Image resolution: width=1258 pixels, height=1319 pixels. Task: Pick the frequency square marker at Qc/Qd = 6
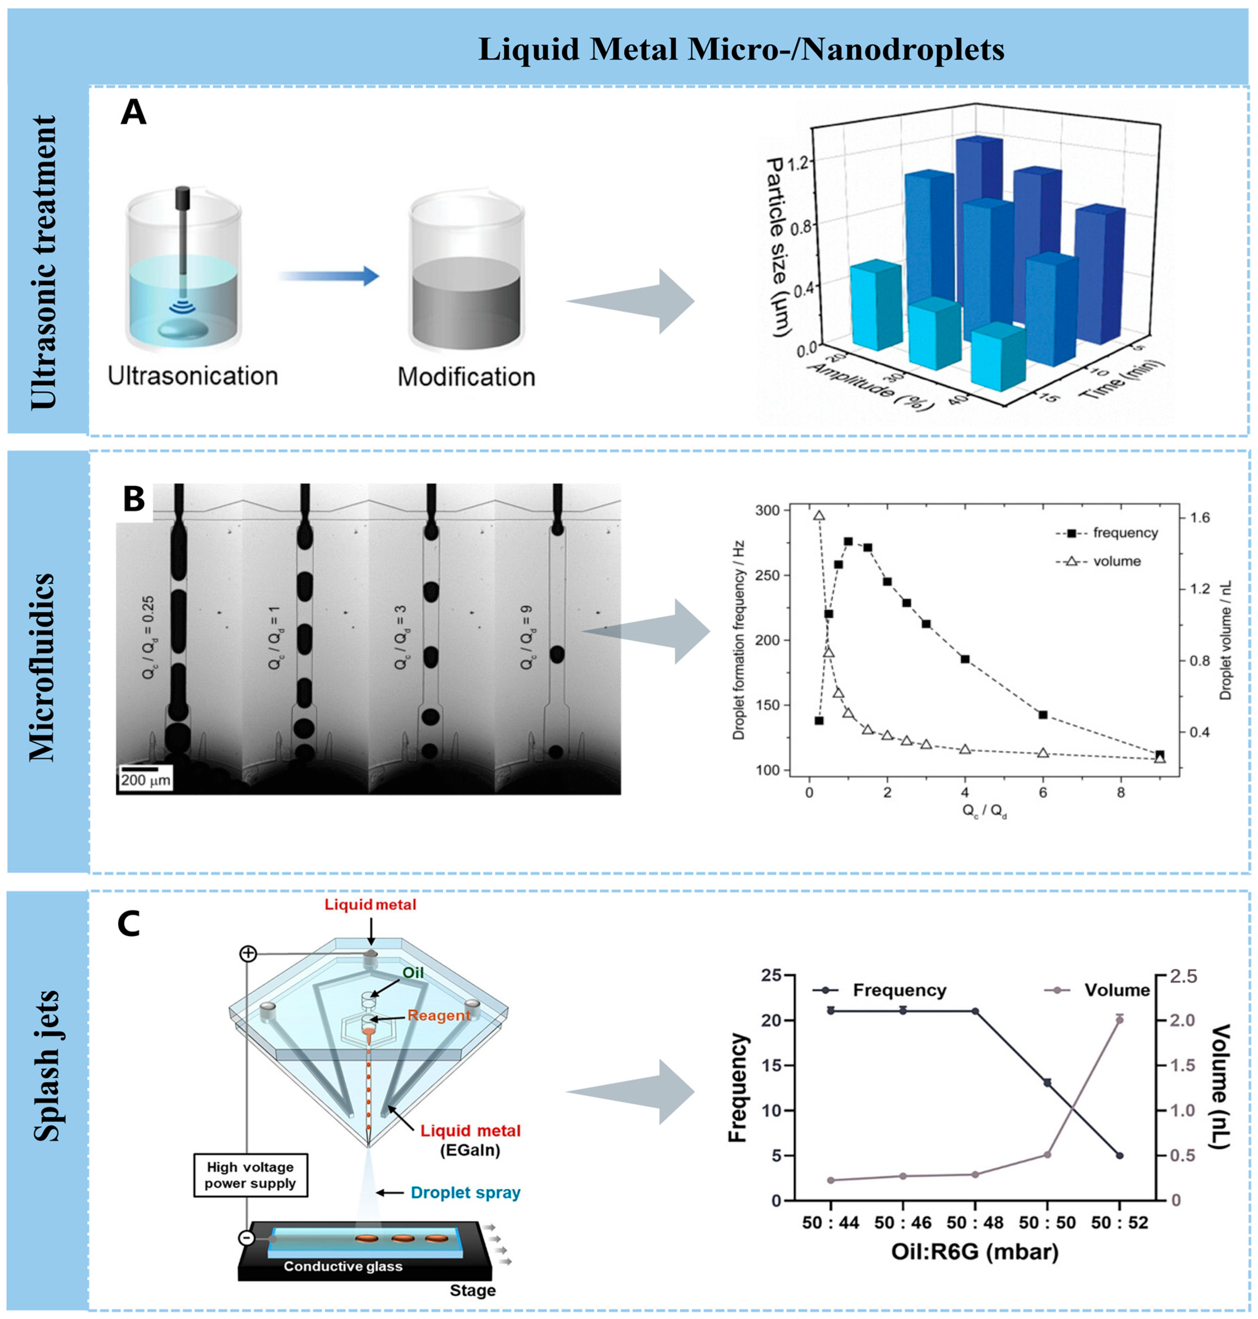1043,714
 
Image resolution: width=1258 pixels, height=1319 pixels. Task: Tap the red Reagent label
439,1015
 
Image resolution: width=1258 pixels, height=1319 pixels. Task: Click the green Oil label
413,972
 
